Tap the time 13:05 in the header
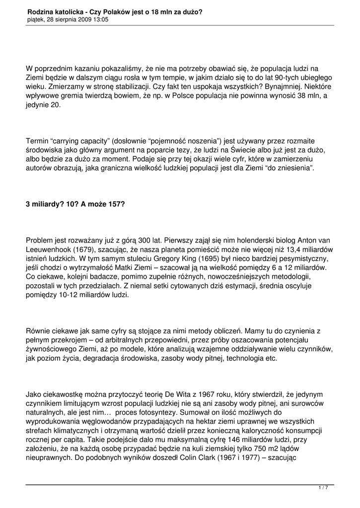click(99, 19)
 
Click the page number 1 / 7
click(323, 488)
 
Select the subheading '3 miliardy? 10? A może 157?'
click(75, 204)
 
